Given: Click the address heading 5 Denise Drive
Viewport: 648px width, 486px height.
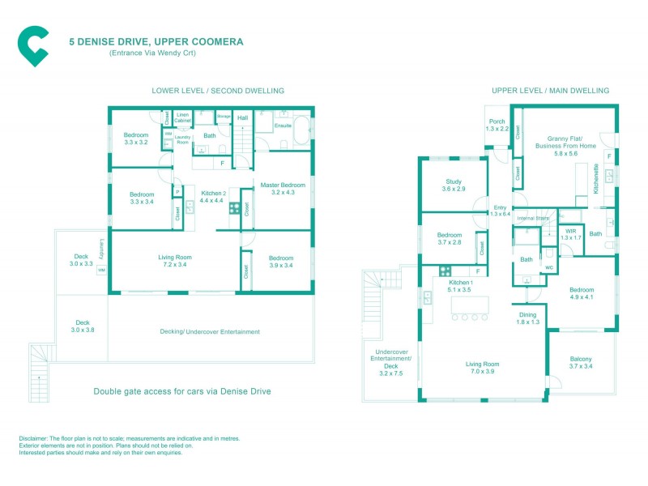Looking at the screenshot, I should click(156, 41).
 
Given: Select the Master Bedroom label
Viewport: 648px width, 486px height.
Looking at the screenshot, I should click(283, 190).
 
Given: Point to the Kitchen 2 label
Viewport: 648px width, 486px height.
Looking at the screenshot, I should click(212, 197).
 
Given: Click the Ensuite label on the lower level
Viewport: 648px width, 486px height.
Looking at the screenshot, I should click(283, 126).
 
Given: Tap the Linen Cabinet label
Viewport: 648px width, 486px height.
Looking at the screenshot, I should click(182, 117).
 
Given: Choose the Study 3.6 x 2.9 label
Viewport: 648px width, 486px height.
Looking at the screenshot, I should click(454, 185).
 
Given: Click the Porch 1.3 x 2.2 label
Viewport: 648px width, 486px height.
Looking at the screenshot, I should click(497, 126).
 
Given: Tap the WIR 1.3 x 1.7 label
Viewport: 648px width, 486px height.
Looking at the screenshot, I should click(572, 234).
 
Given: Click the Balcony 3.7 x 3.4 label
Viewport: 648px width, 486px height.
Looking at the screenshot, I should click(580, 363).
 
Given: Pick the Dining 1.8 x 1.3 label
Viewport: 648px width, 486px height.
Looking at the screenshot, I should click(527, 318).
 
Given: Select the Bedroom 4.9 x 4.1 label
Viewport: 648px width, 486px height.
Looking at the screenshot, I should click(581, 293).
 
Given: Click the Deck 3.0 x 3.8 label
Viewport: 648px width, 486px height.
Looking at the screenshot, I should click(82, 326).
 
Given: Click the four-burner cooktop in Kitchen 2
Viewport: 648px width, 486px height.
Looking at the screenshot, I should click(233, 208).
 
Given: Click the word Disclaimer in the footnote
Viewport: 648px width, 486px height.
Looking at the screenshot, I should click(36, 438).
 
